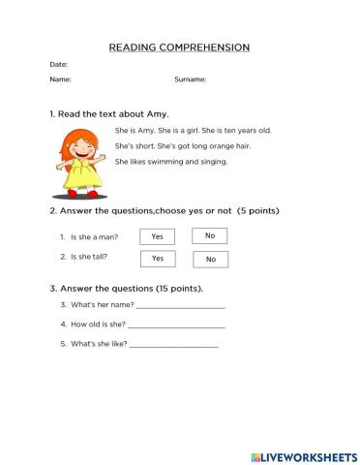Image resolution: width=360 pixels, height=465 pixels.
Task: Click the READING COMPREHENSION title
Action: (x=179, y=46)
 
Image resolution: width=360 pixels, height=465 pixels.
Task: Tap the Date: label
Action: (x=58, y=64)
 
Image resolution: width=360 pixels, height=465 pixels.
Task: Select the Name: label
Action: (x=60, y=79)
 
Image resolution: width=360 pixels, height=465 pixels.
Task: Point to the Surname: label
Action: (x=190, y=79)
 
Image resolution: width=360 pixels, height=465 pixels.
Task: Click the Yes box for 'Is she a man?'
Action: (x=157, y=236)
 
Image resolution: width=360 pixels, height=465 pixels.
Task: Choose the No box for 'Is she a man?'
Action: (x=210, y=235)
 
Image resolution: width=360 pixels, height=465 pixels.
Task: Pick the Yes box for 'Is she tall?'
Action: (x=157, y=259)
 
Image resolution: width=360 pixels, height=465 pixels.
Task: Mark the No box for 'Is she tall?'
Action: (x=210, y=259)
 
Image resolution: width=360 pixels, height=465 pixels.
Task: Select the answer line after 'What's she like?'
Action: (x=173, y=345)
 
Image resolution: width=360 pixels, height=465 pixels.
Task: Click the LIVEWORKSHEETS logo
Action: (x=304, y=455)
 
